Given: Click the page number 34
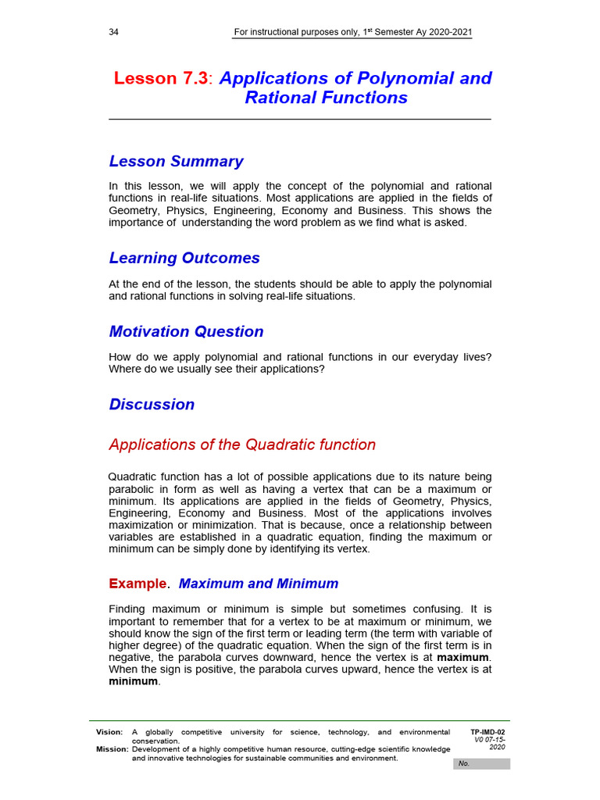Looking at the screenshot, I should pos(114,32).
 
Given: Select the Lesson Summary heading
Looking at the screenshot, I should pos(176,162).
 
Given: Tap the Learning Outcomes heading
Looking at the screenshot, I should pos(184,258).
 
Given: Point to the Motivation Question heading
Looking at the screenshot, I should pos(186,331).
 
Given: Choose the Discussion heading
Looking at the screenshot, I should pos(152,404).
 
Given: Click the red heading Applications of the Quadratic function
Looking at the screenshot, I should pos(242,445).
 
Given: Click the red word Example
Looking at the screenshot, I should pos(137,584).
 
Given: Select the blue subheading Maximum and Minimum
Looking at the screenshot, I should pos(259,584).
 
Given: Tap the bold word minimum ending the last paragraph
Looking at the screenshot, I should pos(133,681).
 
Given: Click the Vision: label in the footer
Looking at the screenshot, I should pos(109,732).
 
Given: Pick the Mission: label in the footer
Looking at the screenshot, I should pos(112,749).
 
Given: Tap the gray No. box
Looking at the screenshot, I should pos(480,763).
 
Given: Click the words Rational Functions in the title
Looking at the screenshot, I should pos(326,98).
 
